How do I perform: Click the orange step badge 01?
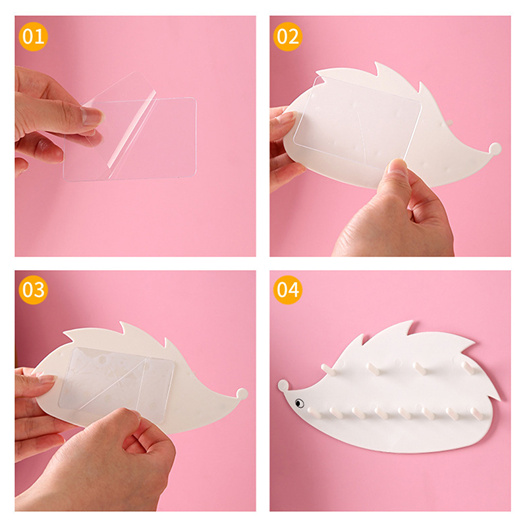click(34, 36)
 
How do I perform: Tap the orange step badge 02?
click(288, 36)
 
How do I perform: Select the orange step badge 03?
click(34, 290)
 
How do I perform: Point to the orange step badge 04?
click(288, 290)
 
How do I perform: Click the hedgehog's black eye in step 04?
click(299, 402)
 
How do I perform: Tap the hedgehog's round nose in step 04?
click(283, 385)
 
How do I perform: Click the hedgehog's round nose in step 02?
click(495, 149)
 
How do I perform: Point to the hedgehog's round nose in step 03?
click(242, 393)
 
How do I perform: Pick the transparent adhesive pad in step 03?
click(117, 384)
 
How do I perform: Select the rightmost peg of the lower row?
click(476, 414)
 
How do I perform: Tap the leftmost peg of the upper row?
click(328, 370)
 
